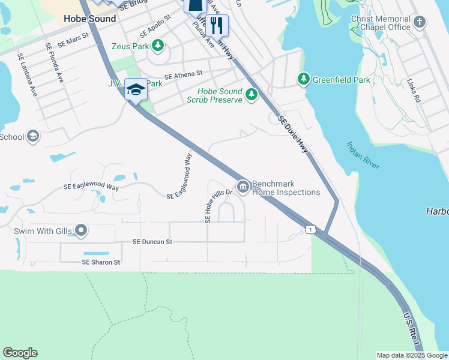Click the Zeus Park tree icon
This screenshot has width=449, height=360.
click(158, 45)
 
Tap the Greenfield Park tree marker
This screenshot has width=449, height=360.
click(304, 79)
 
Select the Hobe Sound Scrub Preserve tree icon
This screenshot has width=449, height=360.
click(251, 94)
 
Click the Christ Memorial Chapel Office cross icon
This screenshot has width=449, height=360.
click(420, 22)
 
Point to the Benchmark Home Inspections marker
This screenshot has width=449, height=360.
click(243, 187)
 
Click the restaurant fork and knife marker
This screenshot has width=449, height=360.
click(217, 25)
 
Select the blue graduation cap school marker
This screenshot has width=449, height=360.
click(136, 90)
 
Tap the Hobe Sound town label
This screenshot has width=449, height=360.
click(90, 19)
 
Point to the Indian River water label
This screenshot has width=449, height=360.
click(363, 155)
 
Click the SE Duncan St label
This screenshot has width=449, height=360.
click(152, 242)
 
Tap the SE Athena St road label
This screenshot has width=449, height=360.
click(184, 75)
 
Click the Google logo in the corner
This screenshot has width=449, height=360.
click(20, 353)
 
